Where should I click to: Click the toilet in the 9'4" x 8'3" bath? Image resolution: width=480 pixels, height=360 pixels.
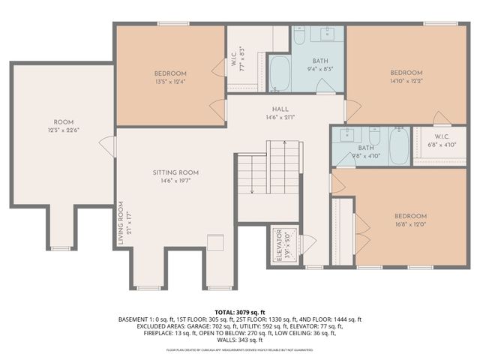(298, 37)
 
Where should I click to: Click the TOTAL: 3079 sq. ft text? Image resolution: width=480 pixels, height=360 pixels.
(240, 311)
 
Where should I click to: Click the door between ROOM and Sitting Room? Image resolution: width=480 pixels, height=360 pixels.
(111, 146)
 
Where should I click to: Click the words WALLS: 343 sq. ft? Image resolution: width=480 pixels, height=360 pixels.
(240, 340)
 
